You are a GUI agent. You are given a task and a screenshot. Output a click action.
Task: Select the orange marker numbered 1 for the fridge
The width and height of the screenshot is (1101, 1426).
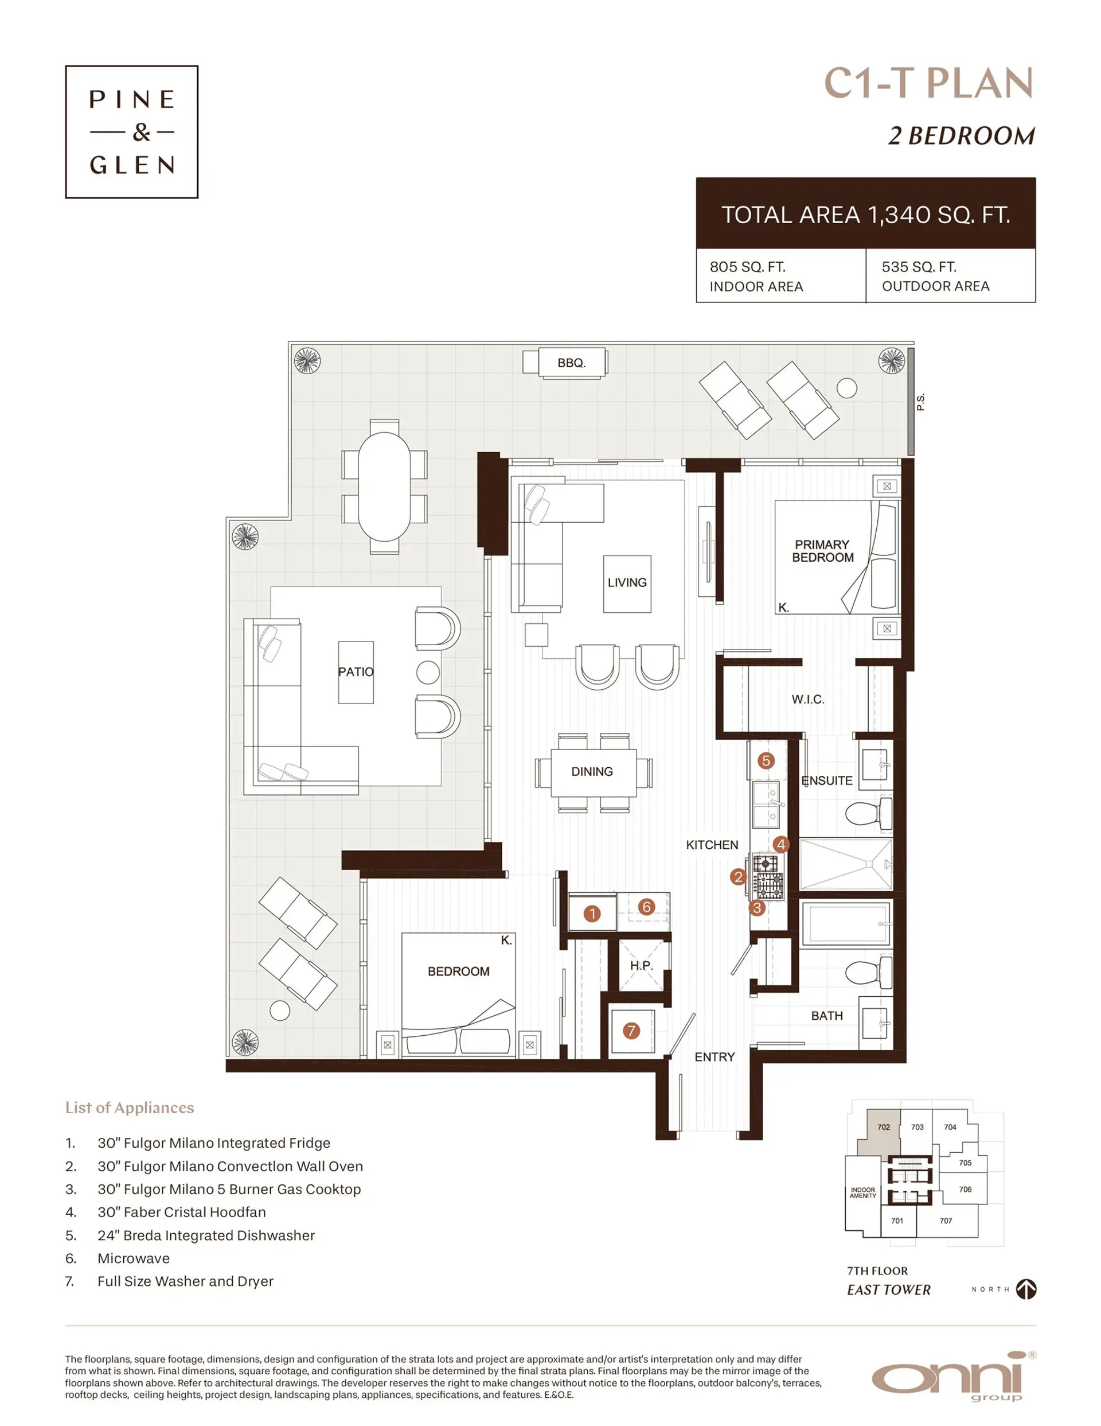coord(591,914)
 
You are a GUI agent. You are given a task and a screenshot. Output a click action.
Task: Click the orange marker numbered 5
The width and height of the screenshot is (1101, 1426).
coord(766,761)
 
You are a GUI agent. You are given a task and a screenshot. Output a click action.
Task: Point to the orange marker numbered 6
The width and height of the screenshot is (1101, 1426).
coord(646,906)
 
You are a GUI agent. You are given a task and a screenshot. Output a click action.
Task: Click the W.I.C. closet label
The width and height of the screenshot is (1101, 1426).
coord(807,700)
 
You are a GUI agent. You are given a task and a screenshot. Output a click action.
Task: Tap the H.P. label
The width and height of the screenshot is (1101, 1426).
coord(641,965)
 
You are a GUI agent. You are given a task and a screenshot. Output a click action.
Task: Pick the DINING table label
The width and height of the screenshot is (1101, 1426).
coord(592,772)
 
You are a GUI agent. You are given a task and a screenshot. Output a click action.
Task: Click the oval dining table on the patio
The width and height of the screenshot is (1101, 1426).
coord(384,487)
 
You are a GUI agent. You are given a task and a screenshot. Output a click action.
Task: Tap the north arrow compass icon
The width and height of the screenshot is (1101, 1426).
coord(1026,1289)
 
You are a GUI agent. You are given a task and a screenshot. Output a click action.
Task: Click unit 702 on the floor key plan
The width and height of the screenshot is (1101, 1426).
coord(883,1127)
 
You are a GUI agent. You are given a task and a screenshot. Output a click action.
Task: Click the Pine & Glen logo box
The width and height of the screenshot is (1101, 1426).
coord(131,132)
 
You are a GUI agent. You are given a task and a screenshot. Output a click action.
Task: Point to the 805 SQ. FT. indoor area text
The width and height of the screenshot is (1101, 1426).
coord(747,267)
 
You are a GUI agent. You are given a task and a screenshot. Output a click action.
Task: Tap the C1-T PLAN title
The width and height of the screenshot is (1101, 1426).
coord(928,84)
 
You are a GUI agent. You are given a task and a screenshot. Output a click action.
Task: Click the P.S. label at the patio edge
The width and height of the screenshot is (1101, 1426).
coord(920,402)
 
